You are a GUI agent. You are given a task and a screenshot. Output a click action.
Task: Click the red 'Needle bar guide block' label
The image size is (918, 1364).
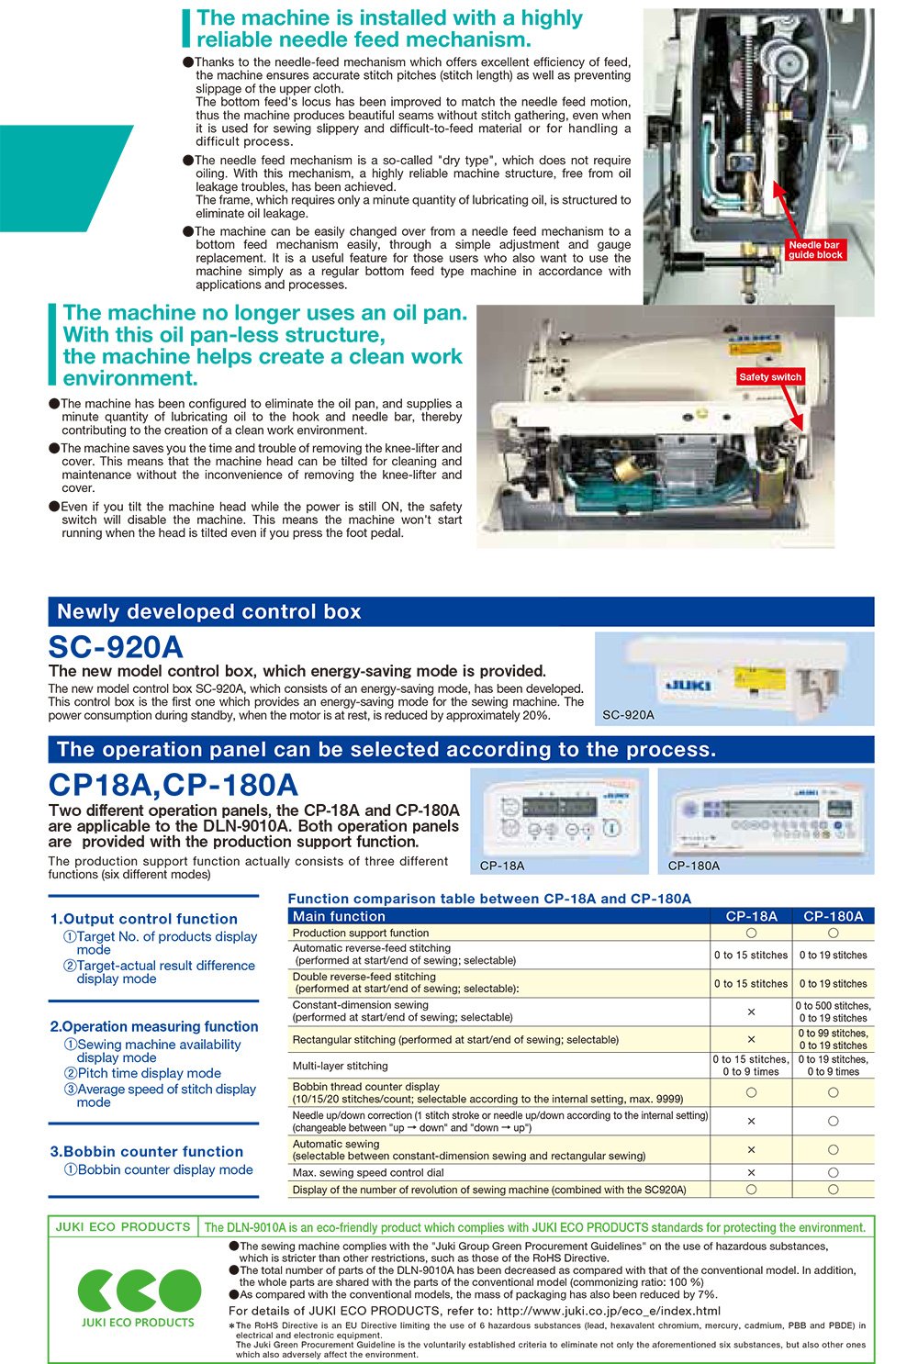pyautogui.click(x=815, y=250)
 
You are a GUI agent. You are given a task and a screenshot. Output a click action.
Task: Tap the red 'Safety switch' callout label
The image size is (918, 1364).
pyautogui.click(x=770, y=377)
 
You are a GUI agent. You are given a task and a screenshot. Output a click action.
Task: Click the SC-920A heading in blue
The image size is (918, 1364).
pyautogui.click(x=116, y=647)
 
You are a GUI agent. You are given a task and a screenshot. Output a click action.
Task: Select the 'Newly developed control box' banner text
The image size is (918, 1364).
pyautogui.click(x=209, y=612)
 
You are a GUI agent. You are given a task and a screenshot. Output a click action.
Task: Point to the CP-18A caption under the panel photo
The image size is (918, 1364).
pyautogui.click(x=502, y=866)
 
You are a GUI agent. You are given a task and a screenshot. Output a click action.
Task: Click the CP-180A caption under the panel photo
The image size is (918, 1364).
pyautogui.click(x=694, y=866)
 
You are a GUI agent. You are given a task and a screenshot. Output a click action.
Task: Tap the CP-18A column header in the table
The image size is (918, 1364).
pyautogui.click(x=751, y=916)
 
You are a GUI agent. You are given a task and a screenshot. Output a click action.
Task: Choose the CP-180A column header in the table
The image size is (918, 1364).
pyautogui.click(x=833, y=916)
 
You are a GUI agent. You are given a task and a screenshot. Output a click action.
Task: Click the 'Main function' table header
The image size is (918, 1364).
pyautogui.click(x=339, y=916)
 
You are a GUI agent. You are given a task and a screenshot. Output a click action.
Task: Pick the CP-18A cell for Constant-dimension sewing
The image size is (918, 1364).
pyautogui.click(x=751, y=1012)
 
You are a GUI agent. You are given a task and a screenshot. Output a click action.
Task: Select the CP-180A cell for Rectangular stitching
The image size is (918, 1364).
pyautogui.click(x=833, y=1039)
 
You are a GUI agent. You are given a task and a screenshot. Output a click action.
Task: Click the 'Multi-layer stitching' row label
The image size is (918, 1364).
pyautogui.click(x=340, y=1066)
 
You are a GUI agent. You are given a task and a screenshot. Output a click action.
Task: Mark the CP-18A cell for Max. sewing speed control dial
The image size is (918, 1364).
pyautogui.click(x=751, y=1172)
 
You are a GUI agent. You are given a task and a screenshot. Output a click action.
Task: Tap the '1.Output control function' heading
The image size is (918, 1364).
pyautogui.click(x=144, y=919)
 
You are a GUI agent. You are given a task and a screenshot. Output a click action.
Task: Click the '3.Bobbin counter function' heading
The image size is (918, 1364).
pyautogui.click(x=147, y=1151)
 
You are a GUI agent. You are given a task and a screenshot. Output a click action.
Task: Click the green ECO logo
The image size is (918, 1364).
pyautogui.click(x=139, y=1291)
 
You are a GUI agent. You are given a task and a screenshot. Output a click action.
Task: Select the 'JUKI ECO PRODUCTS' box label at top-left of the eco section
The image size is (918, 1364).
pyautogui.click(x=123, y=1227)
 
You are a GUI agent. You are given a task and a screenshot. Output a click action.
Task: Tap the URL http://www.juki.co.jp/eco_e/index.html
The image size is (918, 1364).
pyautogui.click(x=608, y=1311)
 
